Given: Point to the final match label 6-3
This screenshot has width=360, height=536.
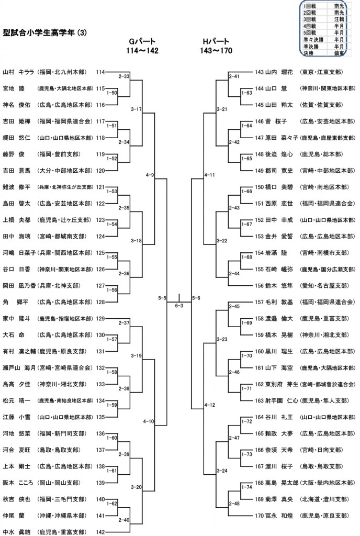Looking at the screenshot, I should (x=179, y=305).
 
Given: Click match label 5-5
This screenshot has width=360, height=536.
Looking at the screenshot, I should (x=161, y=298).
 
